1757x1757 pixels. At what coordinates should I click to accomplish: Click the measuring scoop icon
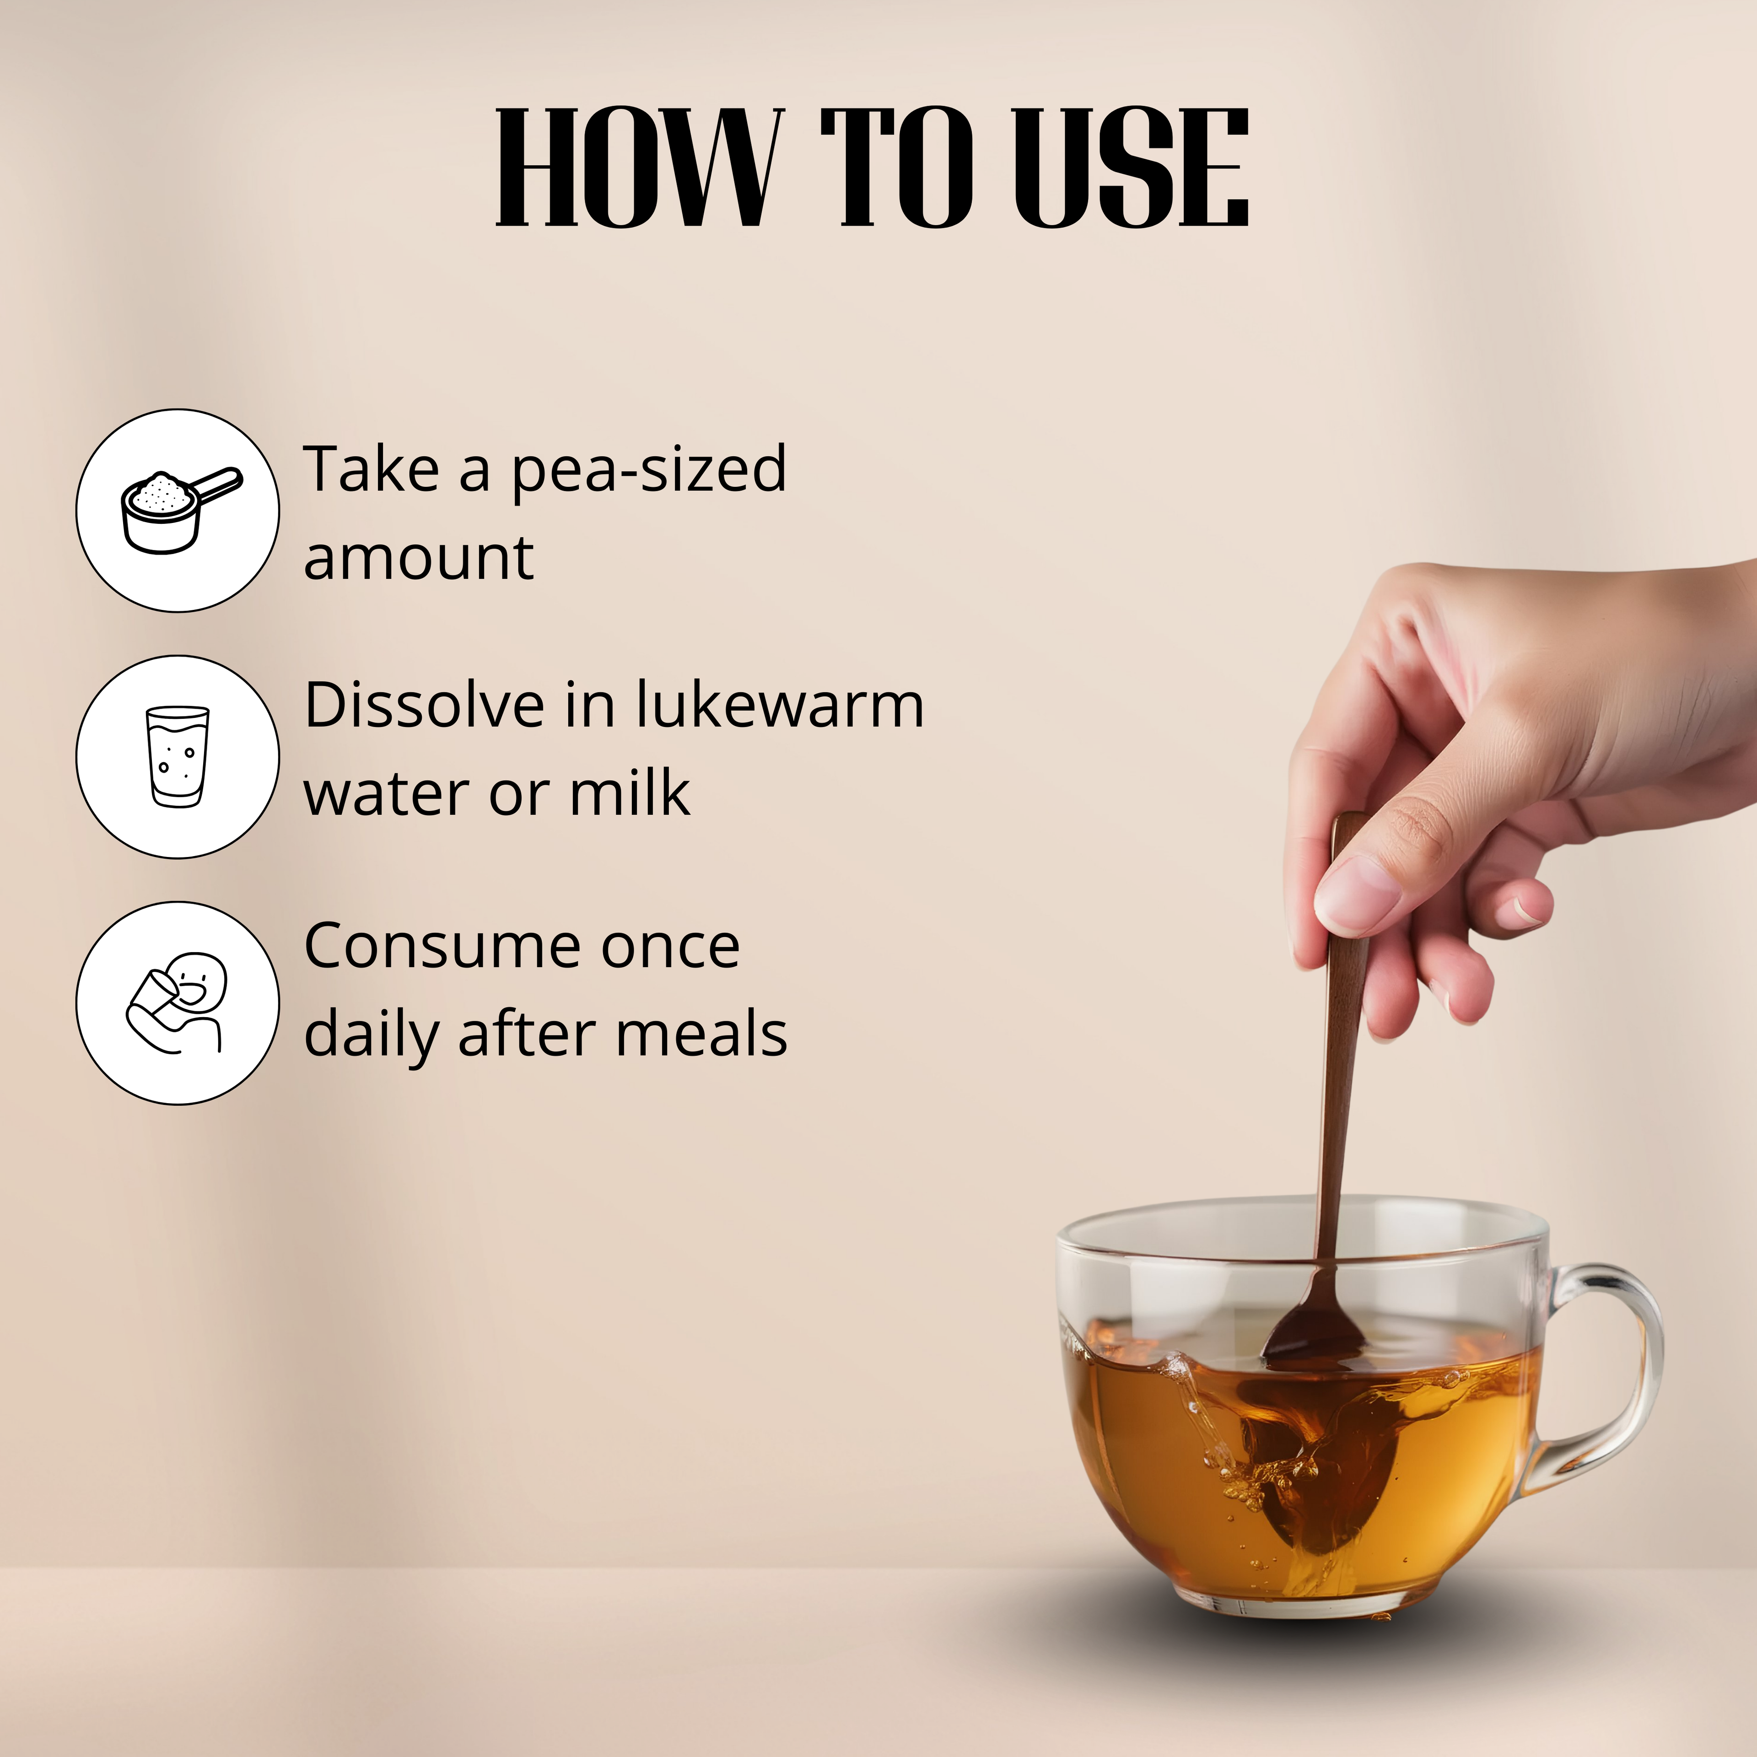pyautogui.click(x=181, y=510)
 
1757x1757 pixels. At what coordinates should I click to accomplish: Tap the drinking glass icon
pyautogui.click(x=178, y=757)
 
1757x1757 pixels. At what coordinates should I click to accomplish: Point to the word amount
pyautogui.click(x=418, y=557)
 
